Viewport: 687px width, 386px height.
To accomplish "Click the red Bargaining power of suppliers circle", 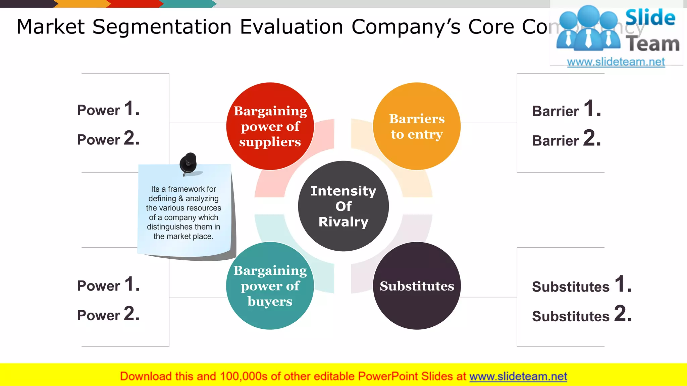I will (x=270, y=126).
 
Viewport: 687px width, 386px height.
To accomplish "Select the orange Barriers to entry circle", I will (x=417, y=126).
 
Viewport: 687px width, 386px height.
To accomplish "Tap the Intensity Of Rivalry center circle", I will (x=343, y=206).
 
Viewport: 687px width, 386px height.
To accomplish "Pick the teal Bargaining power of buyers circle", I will (x=270, y=286).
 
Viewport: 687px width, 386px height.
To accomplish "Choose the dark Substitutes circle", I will (x=417, y=286).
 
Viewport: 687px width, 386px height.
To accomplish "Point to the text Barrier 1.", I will (x=566, y=109).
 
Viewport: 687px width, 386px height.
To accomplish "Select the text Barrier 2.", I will (x=566, y=139).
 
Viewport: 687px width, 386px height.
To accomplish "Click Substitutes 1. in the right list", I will (x=582, y=285).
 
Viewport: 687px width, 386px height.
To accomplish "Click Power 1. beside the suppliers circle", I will (x=108, y=109).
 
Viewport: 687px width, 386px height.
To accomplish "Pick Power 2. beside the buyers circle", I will (x=108, y=314).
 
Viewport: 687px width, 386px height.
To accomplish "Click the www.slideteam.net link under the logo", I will (x=616, y=62).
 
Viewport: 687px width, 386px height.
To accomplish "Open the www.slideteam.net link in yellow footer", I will (x=518, y=377).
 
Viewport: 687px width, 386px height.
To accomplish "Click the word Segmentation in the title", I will (x=162, y=27).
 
